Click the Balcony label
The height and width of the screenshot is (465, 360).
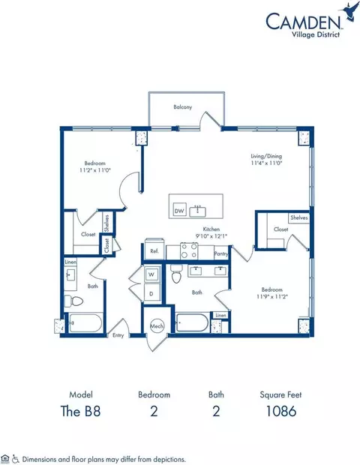click(183, 107)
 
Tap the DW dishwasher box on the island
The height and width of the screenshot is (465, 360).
click(178, 211)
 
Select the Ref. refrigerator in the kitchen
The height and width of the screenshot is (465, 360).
click(153, 250)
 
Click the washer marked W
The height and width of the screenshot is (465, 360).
click(151, 275)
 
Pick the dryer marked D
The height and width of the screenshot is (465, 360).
click(151, 293)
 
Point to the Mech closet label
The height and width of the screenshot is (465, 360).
click(157, 326)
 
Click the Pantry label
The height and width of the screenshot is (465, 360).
click(220, 254)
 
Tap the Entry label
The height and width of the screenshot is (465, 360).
click(118, 335)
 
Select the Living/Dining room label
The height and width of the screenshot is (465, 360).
click(265, 157)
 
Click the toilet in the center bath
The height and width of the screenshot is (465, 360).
click(177, 275)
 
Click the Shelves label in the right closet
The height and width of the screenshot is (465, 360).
click(299, 217)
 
